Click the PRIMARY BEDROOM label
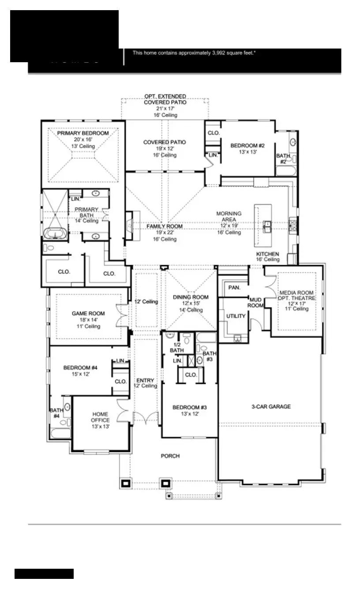pos(82,133)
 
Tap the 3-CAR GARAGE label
pos(271,406)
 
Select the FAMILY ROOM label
pos(165,226)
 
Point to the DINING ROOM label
pos(190,297)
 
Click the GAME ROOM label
pos(88,314)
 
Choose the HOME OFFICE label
pos(101,417)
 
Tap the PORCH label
pos(170,456)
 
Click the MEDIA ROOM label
pos(296,293)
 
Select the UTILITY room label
pos(236,316)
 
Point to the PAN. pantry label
pos(234,288)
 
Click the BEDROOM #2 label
pos(247,146)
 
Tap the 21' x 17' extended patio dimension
pos(165,109)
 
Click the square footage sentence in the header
pos(195,53)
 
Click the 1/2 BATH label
pos(176,347)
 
